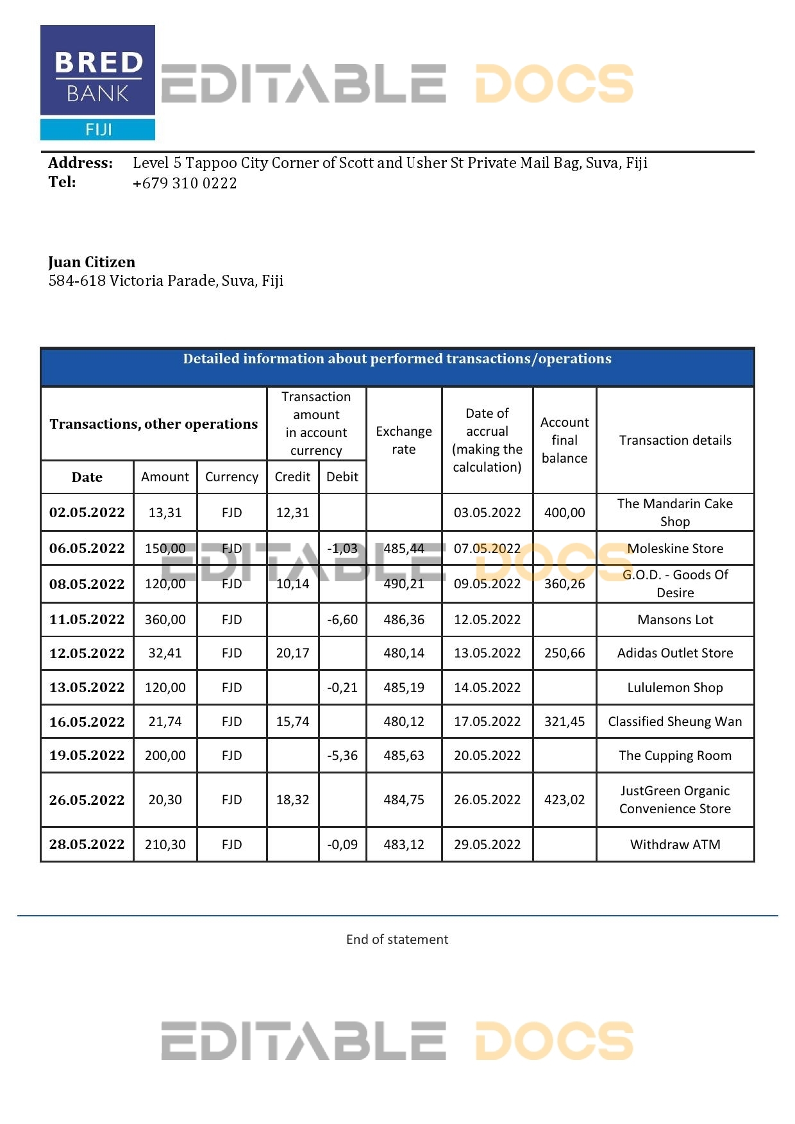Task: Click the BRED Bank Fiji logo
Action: point(97,83)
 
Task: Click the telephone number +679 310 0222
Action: point(185,183)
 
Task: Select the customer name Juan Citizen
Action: point(92,262)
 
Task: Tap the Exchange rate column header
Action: point(404,440)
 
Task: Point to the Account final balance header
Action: point(564,440)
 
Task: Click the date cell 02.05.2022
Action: point(87,513)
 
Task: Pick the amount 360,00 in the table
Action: point(165,620)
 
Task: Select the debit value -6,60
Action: point(342,620)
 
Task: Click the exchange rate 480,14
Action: point(404,653)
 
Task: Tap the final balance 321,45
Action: point(564,722)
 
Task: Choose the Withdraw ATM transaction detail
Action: point(675,845)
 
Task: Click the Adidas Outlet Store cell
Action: point(675,653)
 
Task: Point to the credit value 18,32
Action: point(292,800)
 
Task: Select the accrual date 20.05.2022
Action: point(487,756)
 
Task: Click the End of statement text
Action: point(397,939)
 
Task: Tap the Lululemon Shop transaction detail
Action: point(675,688)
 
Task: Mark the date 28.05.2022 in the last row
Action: point(87,845)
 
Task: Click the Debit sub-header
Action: point(342,477)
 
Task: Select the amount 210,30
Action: point(165,845)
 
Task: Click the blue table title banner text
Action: point(397,359)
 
